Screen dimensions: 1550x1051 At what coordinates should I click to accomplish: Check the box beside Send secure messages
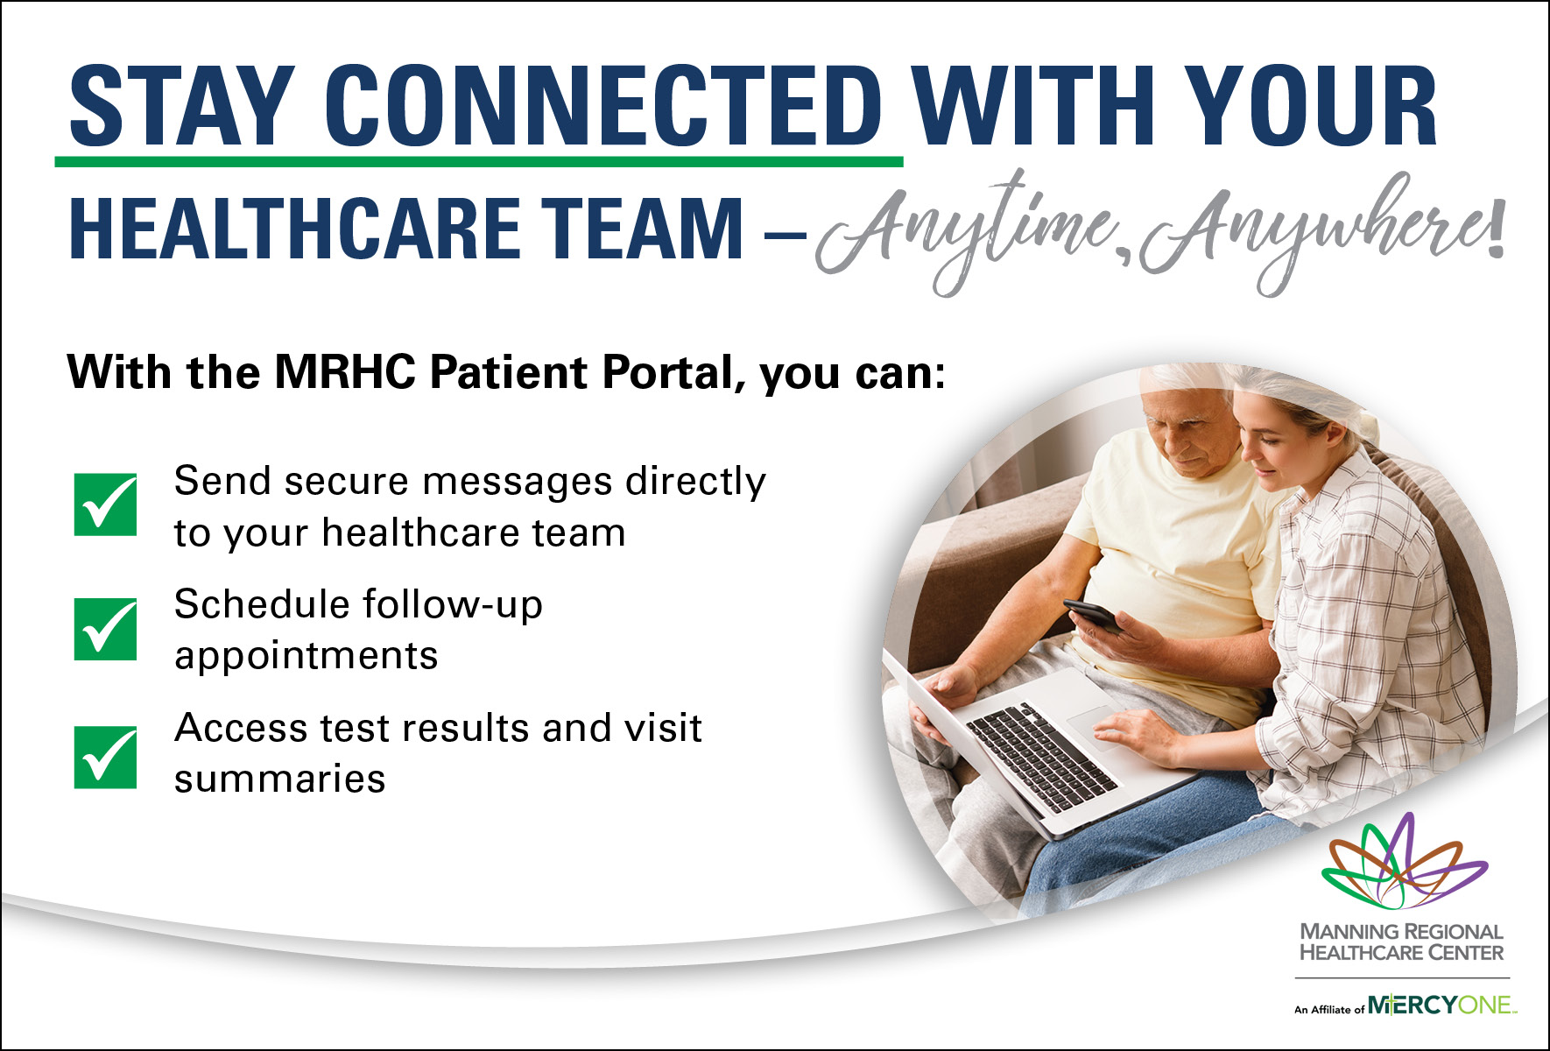(x=105, y=504)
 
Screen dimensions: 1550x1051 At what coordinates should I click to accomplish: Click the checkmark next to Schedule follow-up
(x=105, y=629)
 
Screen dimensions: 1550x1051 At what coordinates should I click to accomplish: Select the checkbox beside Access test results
(x=105, y=757)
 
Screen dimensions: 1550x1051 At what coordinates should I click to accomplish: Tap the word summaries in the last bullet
(x=280, y=779)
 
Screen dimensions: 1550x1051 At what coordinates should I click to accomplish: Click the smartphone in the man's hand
(x=1092, y=615)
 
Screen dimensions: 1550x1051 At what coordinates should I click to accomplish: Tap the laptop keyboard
(x=1041, y=756)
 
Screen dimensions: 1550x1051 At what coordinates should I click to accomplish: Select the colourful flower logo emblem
(x=1404, y=862)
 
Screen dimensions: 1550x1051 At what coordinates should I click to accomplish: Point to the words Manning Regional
(x=1401, y=932)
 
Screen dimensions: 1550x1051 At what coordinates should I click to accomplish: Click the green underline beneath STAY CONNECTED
(x=479, y=162)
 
